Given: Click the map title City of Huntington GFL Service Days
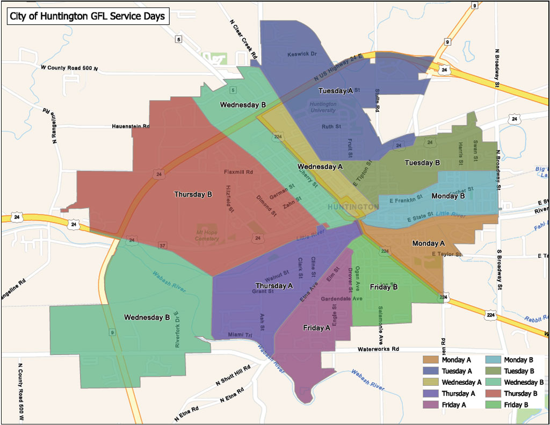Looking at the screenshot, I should [88, 17].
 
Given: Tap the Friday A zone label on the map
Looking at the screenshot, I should [316, 328].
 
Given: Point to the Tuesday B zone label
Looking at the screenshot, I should [422, 163].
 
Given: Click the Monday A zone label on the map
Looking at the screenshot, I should [429, 243].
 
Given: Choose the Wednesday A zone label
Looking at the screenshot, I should [320, 167].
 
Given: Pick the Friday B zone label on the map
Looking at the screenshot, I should [383, 287].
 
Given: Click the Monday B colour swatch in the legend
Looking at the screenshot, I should [493, 360].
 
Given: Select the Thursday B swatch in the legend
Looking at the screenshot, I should [493, 394].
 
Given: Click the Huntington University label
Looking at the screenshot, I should [323, 107].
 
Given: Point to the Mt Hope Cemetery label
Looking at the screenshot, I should [207, 235].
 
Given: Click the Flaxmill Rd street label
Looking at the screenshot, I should [238, 172].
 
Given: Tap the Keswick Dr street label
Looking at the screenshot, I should [302, 54].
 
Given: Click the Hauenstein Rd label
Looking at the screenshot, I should [131, 126].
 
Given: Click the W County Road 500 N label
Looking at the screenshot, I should [69, 68].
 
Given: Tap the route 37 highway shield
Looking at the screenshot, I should [162, 246].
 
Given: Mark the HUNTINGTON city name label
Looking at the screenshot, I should [352, 207].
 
